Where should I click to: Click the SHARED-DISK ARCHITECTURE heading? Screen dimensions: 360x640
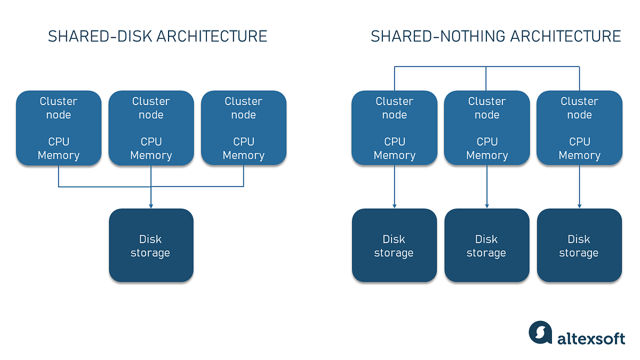coord(157,36)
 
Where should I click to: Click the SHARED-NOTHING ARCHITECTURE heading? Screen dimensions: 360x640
coord(495,36)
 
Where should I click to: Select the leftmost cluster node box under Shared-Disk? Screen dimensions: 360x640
coord(59,128)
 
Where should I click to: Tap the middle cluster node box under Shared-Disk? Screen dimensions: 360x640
coord(151,128)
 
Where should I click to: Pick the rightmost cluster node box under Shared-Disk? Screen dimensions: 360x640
coord(244,128)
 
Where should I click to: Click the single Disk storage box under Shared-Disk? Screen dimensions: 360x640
coord(151,245)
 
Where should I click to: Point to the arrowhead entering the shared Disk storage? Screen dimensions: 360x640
coord(151,205)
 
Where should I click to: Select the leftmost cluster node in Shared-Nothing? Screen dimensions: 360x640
coord(394,128)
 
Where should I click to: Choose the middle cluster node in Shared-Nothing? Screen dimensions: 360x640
coord(486,128)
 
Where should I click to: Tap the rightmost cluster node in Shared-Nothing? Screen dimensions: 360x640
coord(579,128)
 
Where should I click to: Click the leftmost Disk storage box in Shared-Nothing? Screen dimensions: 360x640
coord(394,245)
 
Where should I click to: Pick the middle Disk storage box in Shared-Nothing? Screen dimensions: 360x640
coord(486,245)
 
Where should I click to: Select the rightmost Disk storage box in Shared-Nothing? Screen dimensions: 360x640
coord(579,245)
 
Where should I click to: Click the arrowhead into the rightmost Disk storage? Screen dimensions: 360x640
coord(579,205)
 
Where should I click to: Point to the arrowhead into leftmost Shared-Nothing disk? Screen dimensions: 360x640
coord(394,205)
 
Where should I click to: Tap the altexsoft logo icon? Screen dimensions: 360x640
coord(540,333)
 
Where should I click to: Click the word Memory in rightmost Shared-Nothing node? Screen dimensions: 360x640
coord(579,155)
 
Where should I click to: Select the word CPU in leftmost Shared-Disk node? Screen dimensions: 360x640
coord(59,141)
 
